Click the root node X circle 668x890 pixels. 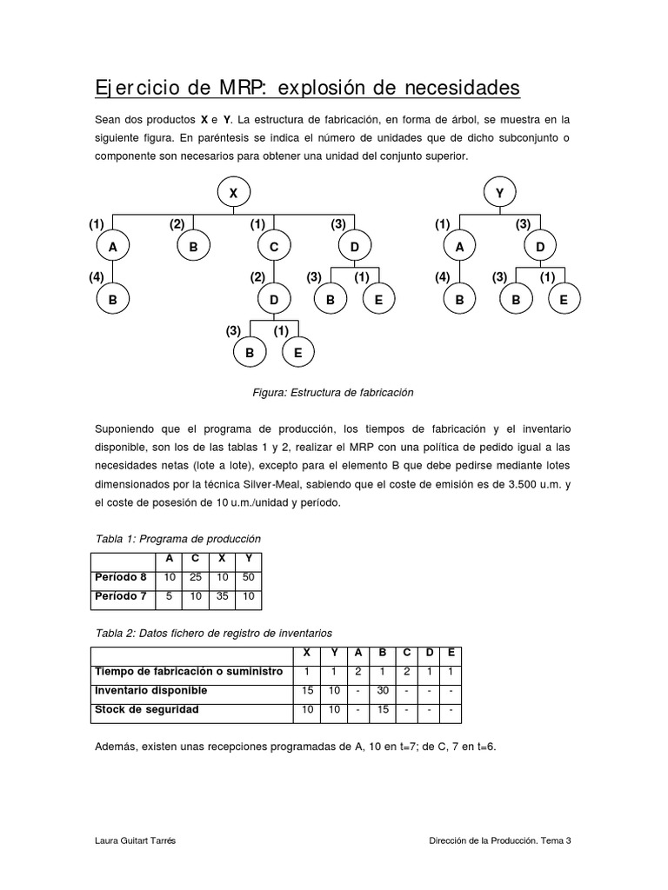point(233,194)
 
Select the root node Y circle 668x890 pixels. point(499,194)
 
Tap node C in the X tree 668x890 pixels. point(274,248)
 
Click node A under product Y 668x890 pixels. point(459,248)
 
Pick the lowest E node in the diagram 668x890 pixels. point(297,354)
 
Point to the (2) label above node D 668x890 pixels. point(257,277)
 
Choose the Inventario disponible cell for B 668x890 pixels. point(383,690)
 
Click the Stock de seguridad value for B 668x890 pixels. point(383,709)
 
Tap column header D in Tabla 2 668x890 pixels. point(429,653)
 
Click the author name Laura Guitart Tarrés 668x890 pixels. point(138,840)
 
